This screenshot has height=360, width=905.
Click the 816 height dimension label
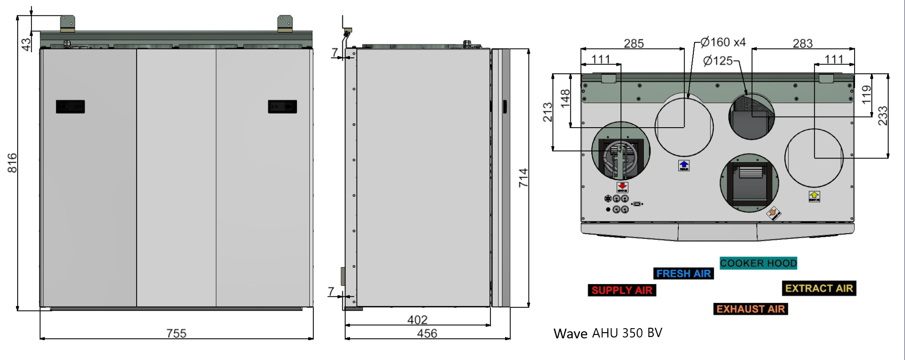click(12, 163)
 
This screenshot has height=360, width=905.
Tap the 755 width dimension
click(176, 333)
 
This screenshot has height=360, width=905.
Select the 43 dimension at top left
click(26, 44)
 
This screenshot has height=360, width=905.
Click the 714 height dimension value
click(523, 178)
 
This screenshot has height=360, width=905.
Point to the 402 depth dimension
click(417, 319)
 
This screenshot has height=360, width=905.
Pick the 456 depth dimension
click(427, 333)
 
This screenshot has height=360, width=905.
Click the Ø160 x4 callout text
click(723, 42)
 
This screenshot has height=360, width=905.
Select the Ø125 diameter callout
click(718, 61)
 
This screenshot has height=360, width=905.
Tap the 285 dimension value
click(634, 43)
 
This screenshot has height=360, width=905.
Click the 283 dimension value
click(802, 43)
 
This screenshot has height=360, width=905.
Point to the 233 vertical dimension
click(882, 116)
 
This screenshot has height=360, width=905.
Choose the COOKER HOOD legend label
click(758, 263)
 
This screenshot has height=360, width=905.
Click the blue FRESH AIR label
click(683, 274)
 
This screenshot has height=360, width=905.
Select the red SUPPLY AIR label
click(622, 290)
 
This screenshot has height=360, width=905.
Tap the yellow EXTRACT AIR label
click(819, 288)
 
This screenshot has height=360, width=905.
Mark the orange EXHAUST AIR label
click(750, 309)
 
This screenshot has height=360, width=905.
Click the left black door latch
click(70, 106)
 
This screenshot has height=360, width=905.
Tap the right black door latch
click(282, 106)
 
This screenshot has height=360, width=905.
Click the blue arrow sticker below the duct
click(684, 165)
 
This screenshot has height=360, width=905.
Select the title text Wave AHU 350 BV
click(608, 333)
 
